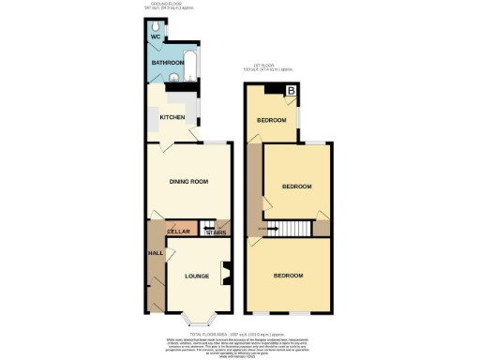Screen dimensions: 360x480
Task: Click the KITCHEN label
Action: coord(172,117)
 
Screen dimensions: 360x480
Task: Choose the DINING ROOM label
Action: coord(187,181)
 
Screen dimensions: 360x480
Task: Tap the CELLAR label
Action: coord(178,231)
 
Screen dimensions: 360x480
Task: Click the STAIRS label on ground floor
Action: coord(215,232)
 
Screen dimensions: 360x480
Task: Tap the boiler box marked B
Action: coord(291,91)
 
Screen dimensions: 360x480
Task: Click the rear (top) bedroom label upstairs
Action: coord(272,120)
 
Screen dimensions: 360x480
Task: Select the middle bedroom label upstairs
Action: coord(296,186)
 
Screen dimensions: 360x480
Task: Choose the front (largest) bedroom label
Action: coord(289,275)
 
